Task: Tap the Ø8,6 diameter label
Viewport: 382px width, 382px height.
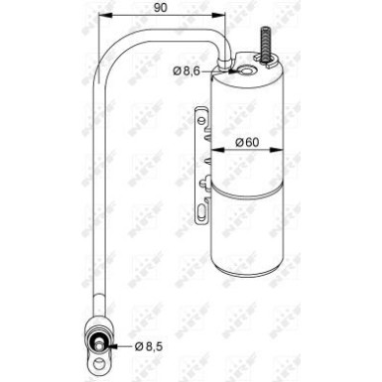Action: [190, 70]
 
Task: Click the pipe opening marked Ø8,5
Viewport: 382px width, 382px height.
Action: [101, 345]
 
